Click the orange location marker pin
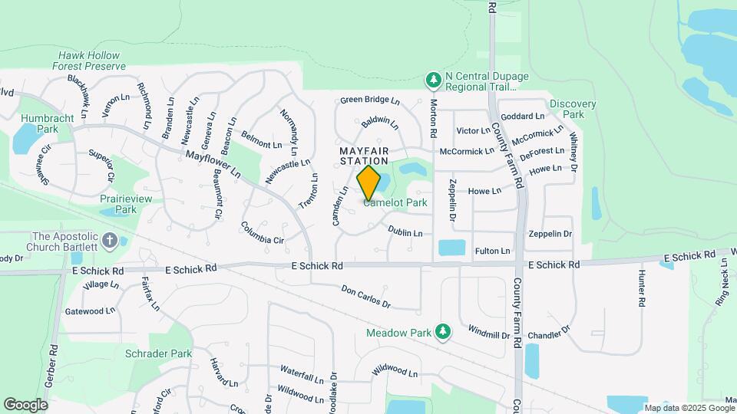(x=369, y=182)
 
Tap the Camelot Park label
(x=395, y=203)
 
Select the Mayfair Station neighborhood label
(x=364, y=156)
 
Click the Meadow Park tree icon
(x=442, y=331)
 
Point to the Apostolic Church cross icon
(x=110, y=241)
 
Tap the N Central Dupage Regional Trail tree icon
(x=434, y=79)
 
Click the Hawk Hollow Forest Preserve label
(x=91, y=61)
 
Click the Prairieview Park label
(x=117, y=204)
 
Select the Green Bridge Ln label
(x=371, y=100)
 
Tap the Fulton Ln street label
(x=493, y=251)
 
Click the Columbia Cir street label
(x=263, y=234)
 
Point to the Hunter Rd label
(x=640, y=289)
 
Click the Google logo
(x=25, y=405)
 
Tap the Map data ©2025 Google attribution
(x=688, y=408)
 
